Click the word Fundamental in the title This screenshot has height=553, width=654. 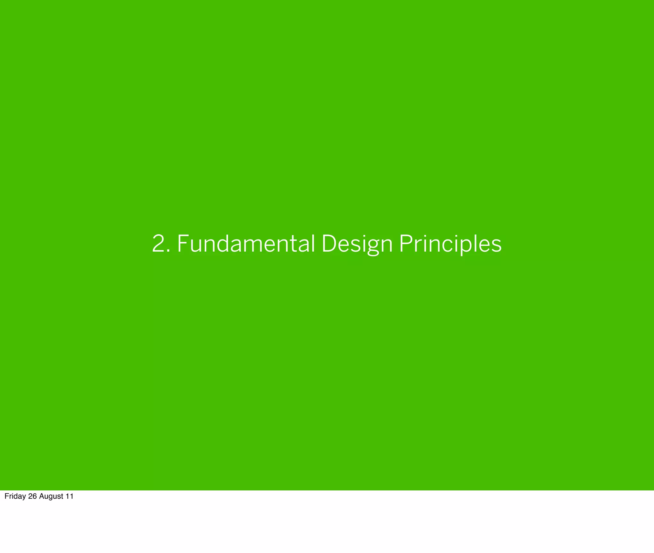(246, 244)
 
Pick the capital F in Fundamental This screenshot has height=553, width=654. (183, 244)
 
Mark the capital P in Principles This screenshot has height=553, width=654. (406, 244)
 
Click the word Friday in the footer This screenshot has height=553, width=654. (15, 496)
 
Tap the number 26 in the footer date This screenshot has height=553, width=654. (33, 496)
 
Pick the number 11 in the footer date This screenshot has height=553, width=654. (70, 496)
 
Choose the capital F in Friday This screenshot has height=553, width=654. (6, 496)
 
